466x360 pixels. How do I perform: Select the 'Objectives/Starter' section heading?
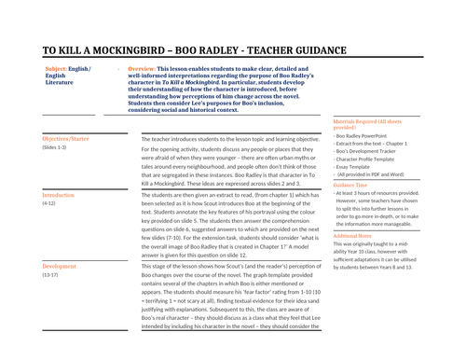(66, 138)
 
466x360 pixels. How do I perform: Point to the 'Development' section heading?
(60, 266)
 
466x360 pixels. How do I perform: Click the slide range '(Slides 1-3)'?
(54, 147)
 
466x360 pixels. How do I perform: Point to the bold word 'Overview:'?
(142, 69)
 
